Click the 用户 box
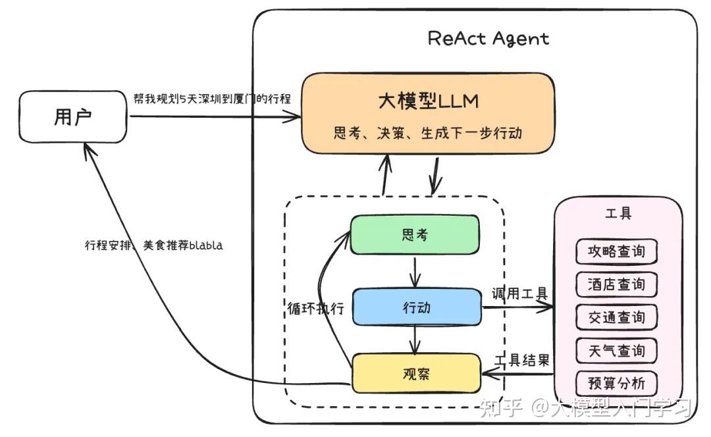72,118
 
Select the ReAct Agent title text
488,38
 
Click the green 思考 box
414,234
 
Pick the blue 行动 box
417,307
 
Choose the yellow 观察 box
416,374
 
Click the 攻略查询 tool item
616,251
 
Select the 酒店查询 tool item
616,284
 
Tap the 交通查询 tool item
616,317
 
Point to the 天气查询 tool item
616,350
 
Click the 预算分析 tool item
616,383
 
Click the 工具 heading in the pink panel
618,214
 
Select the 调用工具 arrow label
519,294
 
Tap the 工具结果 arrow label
521,360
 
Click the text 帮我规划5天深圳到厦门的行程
211,98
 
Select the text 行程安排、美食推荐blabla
153,245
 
